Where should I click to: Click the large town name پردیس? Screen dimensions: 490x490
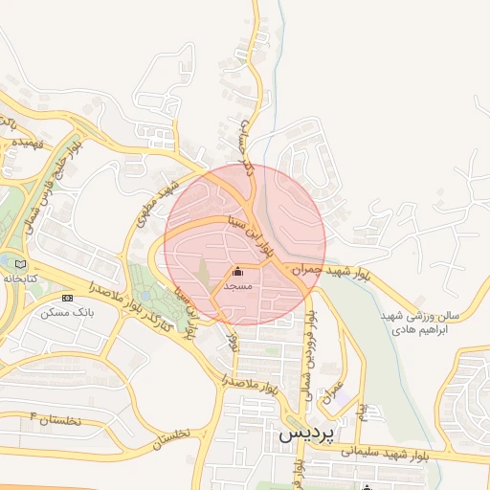(311, 434)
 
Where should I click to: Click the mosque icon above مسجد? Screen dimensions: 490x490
(237, 272)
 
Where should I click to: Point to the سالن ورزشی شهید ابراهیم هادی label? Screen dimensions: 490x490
(420, 322)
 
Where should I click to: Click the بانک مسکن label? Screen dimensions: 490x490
(61, 312)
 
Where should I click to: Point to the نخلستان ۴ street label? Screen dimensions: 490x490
(56, 419)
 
